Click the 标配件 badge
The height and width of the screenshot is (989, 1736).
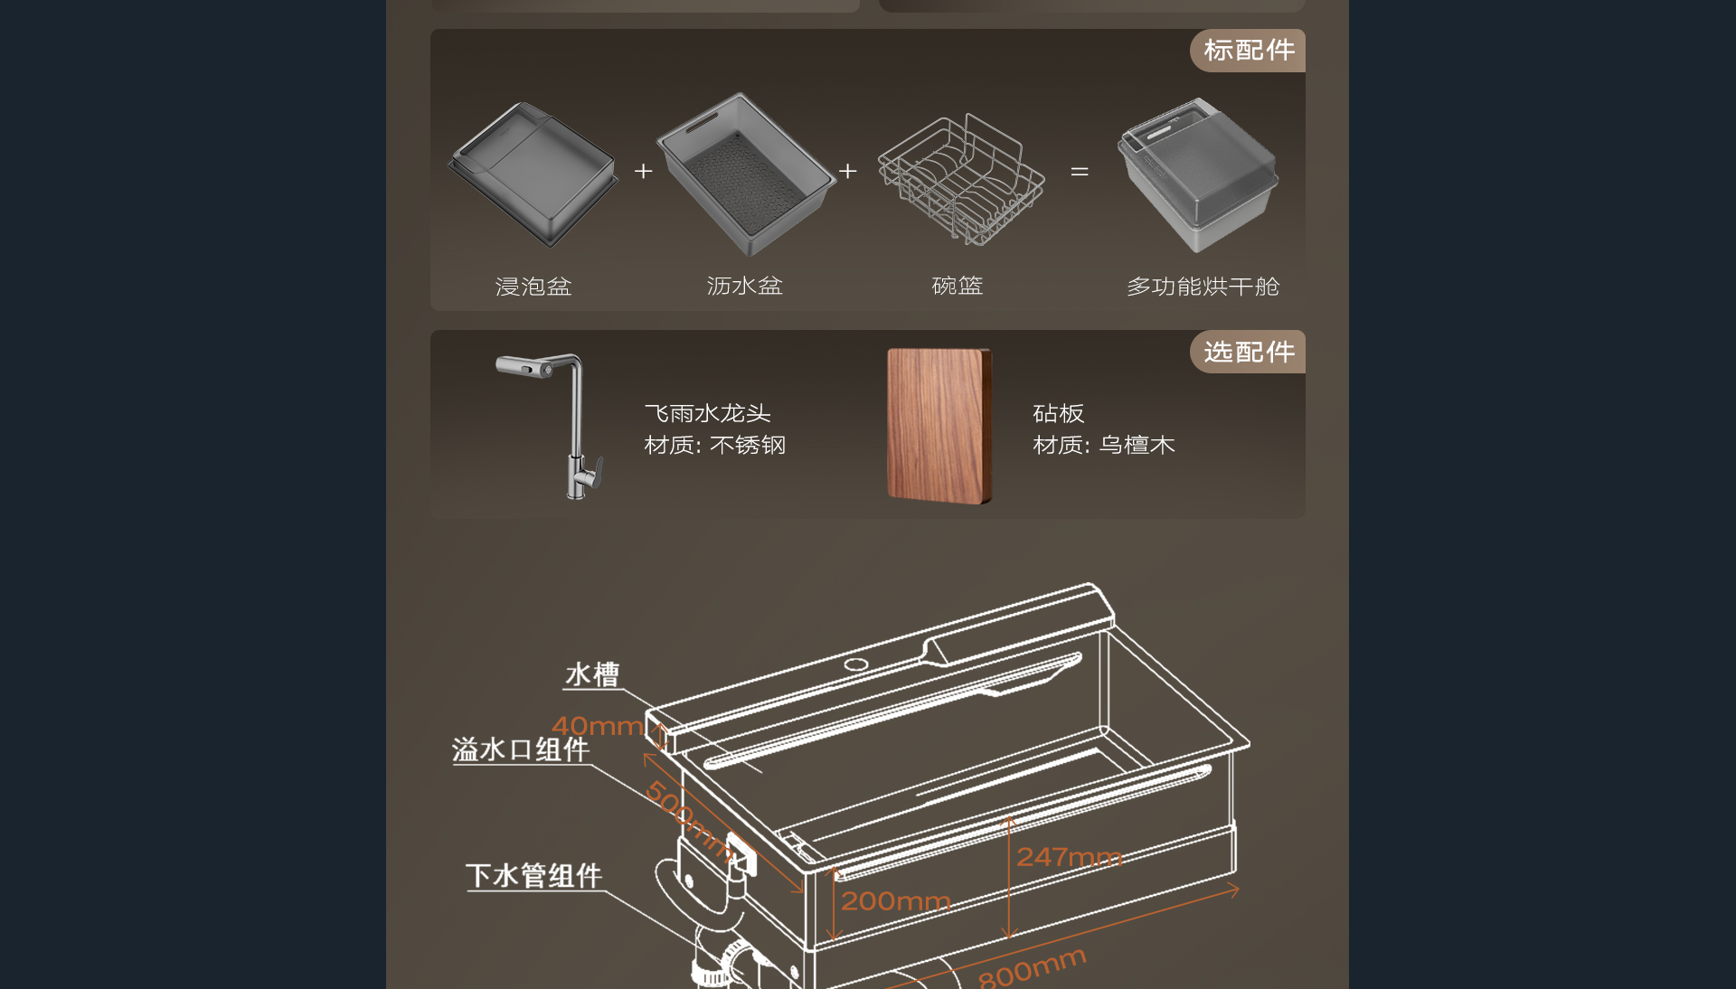tap(1248, 51)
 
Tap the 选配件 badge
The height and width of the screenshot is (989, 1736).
tap(1248, 352)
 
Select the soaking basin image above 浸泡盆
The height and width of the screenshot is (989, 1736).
tap(533, 174)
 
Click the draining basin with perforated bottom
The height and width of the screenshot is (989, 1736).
tap(746, 174)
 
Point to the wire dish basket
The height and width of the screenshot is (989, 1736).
tap(961, 178)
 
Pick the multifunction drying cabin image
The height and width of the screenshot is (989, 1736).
tap(1198, 174)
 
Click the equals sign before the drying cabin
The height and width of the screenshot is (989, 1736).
tap(1080, 171)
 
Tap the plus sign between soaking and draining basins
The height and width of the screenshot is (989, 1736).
tap(643, 171)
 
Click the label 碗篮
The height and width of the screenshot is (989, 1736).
tap(958, 287)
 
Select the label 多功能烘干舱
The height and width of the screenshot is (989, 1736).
tap(1203, 287)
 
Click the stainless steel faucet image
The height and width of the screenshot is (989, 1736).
tap(552, 425)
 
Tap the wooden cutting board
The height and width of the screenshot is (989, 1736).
tap(939, 426)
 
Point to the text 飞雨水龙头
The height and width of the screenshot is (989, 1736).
tap(707, 413)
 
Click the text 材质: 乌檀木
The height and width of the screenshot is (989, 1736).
tap(1104, 445)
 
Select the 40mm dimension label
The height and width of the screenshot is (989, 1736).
tap(598, 726)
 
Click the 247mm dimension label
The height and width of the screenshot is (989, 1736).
tap(1069, 857)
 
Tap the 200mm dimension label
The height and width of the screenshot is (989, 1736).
tap(895, 901)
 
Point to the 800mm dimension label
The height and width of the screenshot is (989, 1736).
tap(1032, 968)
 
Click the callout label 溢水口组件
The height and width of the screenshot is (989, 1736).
tap(521, 749)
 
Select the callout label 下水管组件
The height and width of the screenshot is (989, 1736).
tap(533, 875)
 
